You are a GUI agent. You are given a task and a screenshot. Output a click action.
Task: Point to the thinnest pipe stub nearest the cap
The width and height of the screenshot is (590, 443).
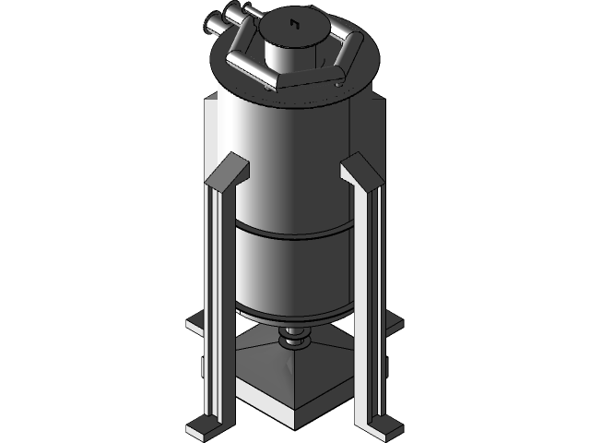coord(249,11)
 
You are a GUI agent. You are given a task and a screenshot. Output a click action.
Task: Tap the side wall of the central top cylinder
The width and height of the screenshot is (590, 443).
coord(294,51)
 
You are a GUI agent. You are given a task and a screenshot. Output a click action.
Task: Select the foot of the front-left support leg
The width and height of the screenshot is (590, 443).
coord(205,426)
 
